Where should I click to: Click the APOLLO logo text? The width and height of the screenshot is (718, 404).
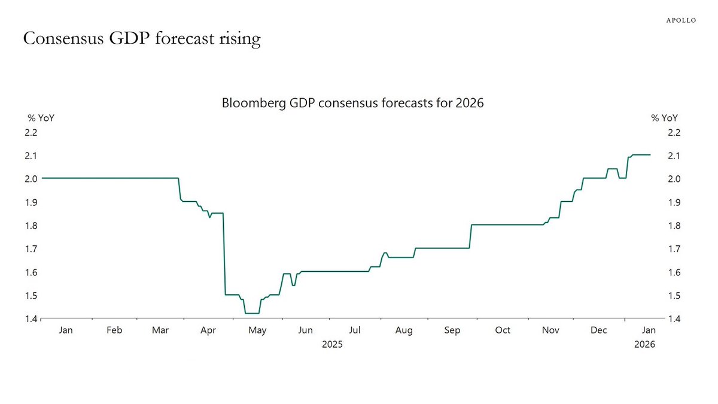(x=681, y=20)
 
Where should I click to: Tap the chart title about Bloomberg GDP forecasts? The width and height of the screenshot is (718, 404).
(x=352, y=103)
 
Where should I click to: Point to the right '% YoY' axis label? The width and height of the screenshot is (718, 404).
(x=665, y=118)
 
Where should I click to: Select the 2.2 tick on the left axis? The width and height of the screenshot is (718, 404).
(x=31, y=132)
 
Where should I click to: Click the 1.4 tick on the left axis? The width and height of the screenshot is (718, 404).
(x=31, y=319)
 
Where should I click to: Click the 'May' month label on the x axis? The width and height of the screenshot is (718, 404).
(x=257, y=330)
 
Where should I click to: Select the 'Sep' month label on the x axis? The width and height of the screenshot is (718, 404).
(x=452, y=330)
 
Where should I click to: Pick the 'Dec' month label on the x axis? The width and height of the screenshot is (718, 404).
(x=599, y=330)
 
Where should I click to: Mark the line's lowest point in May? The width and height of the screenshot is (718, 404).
(x=252, y=313)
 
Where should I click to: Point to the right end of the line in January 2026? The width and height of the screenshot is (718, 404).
(x=650, y=155)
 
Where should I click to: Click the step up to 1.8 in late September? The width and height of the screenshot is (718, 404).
(x=471, y=236)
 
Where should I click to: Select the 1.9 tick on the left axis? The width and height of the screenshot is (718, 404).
(x=31, y=202)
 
